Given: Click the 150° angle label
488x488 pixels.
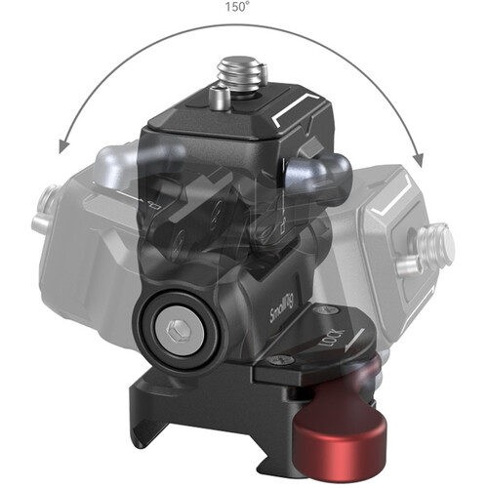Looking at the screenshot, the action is tap(237, 7).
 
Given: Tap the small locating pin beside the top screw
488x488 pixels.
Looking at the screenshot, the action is tap(219, 98).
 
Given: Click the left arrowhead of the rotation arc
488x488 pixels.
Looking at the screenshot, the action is tap(64, 145).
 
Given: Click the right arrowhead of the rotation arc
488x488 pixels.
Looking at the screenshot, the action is tap(418, 160).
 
